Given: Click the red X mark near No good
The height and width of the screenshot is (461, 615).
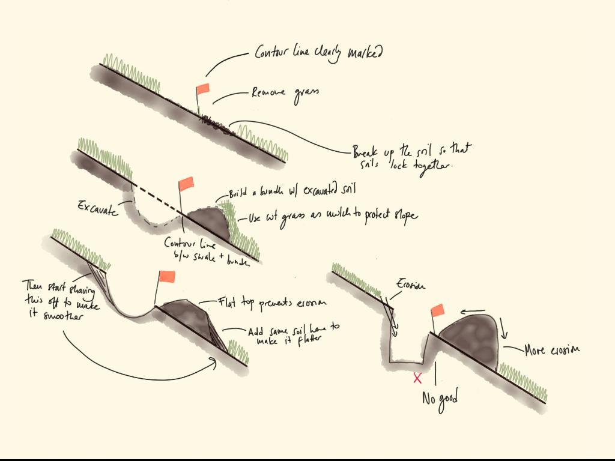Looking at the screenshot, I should pos(417,378).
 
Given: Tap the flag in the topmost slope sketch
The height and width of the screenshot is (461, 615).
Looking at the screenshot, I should pos(203,89).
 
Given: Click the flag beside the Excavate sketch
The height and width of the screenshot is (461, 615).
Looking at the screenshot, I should pos(186,183).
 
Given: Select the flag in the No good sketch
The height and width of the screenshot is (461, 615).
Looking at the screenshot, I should pos(438,310).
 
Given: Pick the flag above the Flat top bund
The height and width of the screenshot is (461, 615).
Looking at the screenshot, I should pos(166,277).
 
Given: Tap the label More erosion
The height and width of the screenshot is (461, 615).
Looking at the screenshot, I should pos(552,350).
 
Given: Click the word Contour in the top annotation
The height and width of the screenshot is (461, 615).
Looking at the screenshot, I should pos(274,52).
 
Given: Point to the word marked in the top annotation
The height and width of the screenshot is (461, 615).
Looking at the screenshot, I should pos(365,53).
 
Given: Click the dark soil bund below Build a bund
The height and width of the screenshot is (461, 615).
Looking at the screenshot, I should pos(206,222).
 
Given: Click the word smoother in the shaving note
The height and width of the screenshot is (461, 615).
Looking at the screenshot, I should pos(60,316).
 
